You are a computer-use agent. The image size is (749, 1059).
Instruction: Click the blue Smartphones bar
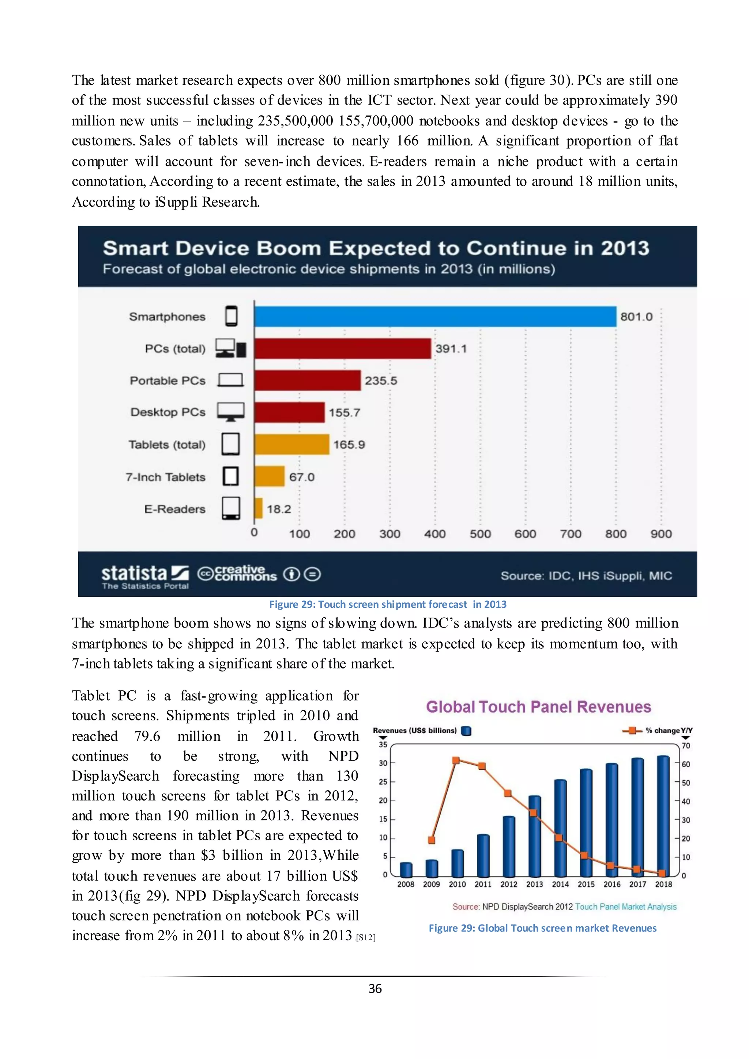point(435,316)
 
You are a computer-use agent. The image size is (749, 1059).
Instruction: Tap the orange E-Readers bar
point(259,509)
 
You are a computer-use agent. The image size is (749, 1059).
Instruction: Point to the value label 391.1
point(451,349)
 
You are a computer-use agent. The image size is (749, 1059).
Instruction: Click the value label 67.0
point(302,477)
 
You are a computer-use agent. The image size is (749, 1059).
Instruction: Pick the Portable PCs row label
point(168,381)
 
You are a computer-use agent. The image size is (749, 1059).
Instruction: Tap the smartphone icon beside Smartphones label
point(231,316)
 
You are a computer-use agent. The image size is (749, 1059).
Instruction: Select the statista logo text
point(134,573)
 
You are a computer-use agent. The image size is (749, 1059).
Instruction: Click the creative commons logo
point(237,574)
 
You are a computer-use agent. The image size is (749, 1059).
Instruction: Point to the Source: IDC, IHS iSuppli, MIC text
point(586,576)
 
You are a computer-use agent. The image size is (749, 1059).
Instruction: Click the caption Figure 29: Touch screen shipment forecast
point(387,604)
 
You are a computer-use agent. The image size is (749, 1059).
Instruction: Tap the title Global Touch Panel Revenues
point(538,706)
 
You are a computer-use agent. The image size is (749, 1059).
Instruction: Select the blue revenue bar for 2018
point(663,817)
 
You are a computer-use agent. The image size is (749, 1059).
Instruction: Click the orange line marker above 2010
point(456,760)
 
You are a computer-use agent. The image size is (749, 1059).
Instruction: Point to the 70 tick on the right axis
point(686,746)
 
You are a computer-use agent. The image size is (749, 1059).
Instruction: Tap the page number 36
point(375,988)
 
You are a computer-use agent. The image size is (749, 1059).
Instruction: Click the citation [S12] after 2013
point(365,937)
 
